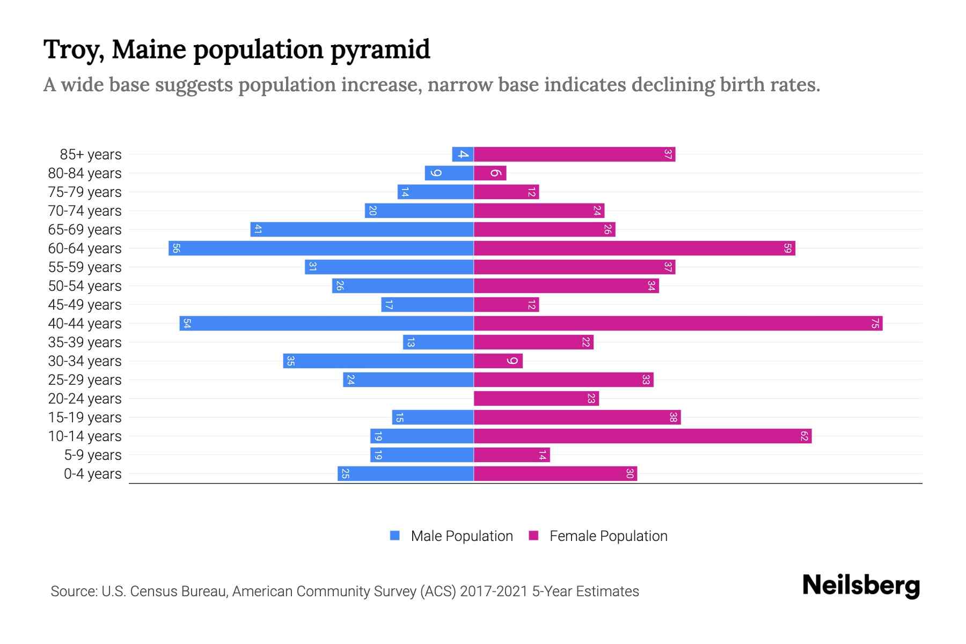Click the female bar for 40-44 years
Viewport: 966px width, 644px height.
click(678, 324)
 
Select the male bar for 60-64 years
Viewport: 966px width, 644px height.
click(321, 248)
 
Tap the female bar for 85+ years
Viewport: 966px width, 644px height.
click(574, 155)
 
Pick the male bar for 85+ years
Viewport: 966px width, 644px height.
click(463, 155)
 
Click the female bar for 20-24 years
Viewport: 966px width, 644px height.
click(536, 399)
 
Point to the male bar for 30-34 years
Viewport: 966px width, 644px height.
click(378, 361)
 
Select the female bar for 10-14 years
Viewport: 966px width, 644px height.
click(642, 436)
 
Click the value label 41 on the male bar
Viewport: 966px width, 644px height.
click(258, 230)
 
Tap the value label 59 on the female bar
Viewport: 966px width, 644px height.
click(787, 248)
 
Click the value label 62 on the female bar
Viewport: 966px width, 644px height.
click(804, 436)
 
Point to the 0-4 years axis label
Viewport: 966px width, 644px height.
click(92, 474)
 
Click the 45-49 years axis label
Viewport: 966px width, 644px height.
click(85, 305)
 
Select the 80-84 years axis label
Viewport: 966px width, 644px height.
click(85, 173)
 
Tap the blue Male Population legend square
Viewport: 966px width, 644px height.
click(395, 536)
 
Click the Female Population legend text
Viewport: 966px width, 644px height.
click(608, 536)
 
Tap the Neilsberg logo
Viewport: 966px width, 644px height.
click(861, 586)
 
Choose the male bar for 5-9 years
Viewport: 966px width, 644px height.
click(422, 455)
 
